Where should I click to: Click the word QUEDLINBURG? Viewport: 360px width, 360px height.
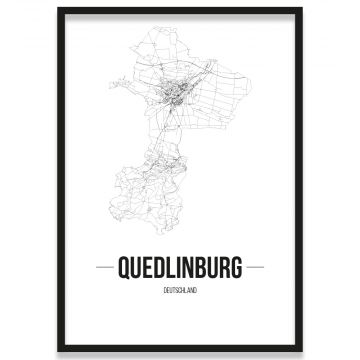(x=180, y=267)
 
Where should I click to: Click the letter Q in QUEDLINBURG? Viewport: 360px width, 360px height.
(x=124, y=267)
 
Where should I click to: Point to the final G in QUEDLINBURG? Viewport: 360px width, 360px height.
(x=236, y=267)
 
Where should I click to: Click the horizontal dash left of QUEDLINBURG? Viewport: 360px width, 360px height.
(x=105, y=267)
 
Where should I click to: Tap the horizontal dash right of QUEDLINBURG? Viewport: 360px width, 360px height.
(x=255, y=267)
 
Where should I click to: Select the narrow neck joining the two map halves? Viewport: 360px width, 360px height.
(x=158, y=150)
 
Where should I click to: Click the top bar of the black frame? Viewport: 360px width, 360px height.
(x=180, y=9)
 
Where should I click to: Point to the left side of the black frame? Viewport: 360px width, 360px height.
(x=59, y=176)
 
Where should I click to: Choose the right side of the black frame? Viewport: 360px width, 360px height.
(x=301, y=176)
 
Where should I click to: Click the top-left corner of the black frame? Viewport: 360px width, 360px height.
(x=59, y=9)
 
